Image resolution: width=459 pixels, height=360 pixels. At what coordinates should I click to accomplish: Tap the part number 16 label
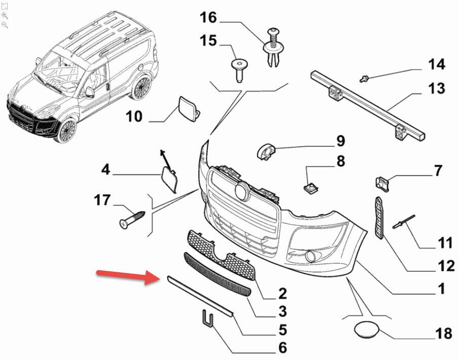tap(208, 18)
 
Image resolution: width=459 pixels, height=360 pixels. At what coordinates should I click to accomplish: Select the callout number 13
tap(436, 89)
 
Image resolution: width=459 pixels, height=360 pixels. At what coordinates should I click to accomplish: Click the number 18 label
tap(444, 334)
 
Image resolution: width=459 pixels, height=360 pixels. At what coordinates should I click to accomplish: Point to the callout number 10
tap(134, 117)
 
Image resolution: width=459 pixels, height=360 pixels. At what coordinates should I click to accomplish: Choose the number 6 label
tap(282, 348)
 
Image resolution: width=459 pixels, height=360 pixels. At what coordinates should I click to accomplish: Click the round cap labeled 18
tap(365, 330)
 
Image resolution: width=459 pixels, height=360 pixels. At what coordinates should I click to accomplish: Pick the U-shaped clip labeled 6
tap(207, 318)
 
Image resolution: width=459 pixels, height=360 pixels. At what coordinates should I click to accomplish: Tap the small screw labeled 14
tap(364, 78)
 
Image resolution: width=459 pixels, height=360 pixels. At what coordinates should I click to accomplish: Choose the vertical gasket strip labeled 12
tap(378, 218)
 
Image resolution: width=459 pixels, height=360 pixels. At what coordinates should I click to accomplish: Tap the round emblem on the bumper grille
tap(242, 192)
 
